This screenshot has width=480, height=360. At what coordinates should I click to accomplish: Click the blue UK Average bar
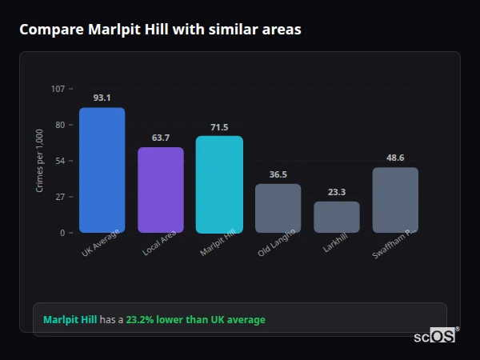click(x=102, y=170)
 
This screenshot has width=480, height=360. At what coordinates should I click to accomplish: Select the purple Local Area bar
click(x=160, y=190)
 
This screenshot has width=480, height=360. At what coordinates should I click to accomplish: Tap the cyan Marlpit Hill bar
click(x=219, y=184)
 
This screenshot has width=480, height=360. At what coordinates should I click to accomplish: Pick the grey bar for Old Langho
click(x=278, y=208)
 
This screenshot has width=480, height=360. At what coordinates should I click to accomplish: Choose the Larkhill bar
click(x=336, y=217)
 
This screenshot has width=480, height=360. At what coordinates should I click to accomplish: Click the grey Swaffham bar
click(x=395, y=200)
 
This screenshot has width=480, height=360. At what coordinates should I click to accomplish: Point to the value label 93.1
click(x=102, y=98)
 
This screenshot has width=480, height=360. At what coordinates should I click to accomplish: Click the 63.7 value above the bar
click(x=160, y=138)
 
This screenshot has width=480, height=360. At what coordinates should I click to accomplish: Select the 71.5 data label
click(x=219, y=127)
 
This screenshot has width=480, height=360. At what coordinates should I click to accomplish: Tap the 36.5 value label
click(x=278, y=174)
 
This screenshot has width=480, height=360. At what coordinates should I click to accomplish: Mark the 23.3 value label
click(x=336, y=192)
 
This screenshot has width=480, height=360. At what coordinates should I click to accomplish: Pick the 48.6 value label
click(x=395, y=158)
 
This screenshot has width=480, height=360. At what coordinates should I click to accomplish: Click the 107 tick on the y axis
click(x=58, y=88)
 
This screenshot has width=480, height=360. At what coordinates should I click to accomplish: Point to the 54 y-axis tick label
click(x=60, y=161)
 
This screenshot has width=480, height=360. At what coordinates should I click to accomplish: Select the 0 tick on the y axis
click(x=62, y=233)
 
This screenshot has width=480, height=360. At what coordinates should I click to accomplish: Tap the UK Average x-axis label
click(x=100, y=244)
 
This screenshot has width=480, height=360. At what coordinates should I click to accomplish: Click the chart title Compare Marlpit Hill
click(x=160, y=30)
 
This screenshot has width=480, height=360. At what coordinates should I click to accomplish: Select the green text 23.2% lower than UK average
click(x=195, y=320)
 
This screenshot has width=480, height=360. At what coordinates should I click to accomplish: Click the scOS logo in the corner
click(x=434, y=337)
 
